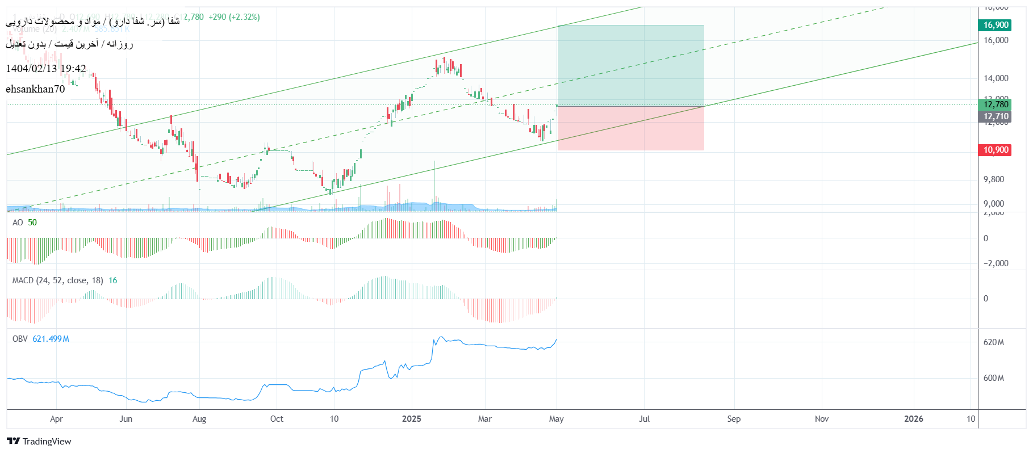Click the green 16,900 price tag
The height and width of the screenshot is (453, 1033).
coord(996,25)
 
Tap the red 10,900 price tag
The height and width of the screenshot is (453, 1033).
coord(996,150)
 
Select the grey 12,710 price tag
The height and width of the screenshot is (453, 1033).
coord(996,116)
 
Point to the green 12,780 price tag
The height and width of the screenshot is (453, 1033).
coord(996,104)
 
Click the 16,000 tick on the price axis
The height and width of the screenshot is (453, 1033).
coord(996,40)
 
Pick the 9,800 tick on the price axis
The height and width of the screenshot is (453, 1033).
coord(994,179)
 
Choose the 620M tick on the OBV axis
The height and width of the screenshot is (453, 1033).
coord(994,342)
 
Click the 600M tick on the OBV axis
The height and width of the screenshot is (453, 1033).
coord(994,378)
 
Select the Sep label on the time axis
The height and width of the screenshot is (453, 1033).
coord(734,419)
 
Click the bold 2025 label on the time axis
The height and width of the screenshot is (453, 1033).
coord(412,419)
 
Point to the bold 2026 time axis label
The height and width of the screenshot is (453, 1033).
coord(913,419)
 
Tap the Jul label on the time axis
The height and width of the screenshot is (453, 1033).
coord(644,419)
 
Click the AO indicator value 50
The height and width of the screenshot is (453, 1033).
coord(32,223)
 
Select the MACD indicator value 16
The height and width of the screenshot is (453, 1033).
coord(113,280)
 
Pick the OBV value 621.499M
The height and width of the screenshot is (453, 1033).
coord(51,339)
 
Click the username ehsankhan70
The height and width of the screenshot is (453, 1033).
coord(35,89)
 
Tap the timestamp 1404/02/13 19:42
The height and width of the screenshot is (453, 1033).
coord(46,69)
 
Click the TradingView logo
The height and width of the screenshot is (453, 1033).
coord(39,441)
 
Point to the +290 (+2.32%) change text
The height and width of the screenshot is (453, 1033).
coord(234,17)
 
